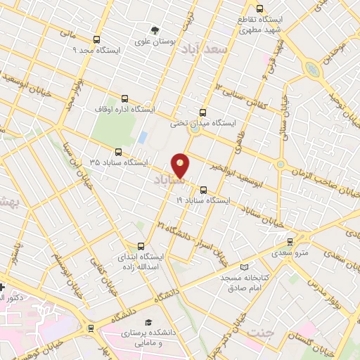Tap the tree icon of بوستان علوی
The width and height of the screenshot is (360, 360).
point(155,30)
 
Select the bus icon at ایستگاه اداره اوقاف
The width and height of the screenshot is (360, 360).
point(125,98)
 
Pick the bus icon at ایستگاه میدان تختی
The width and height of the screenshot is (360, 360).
point(203,112)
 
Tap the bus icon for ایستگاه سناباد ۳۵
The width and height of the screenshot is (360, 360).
point(117,151)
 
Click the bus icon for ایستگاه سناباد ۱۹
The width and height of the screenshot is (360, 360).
point(203,189)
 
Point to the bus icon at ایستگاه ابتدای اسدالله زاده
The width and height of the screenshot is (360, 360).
point(141,246)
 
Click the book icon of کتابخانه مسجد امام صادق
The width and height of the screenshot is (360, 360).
point(244,267)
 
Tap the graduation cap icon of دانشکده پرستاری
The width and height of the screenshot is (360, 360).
point(149,321)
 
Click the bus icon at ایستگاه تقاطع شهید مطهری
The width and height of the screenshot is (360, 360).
point(259,10)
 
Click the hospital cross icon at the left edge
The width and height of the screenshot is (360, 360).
point(3,287)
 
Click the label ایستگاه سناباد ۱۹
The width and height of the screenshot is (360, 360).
point(203,200)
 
